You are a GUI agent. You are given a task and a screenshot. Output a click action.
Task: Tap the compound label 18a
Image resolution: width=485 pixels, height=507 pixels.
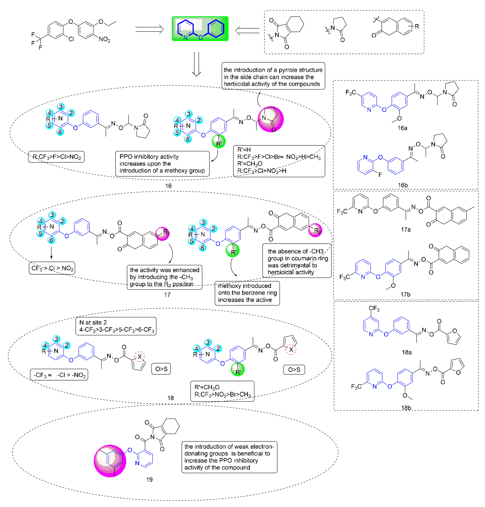click(406, 352)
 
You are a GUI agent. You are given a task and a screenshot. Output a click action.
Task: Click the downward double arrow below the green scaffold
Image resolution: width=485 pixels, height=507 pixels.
click(197, 64)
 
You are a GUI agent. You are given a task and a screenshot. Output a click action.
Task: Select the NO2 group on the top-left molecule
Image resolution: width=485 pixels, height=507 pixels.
click(104, 39)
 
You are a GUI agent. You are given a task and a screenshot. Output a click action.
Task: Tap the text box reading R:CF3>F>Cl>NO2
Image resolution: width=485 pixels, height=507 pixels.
click(56, 157)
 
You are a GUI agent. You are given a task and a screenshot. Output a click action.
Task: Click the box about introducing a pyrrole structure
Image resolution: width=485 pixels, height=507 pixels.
click(273, 77)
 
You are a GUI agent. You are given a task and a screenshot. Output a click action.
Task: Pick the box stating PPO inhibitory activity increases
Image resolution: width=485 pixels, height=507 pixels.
click(162, 164)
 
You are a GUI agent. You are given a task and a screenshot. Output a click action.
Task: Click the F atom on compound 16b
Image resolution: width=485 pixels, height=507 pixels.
click(380, 175)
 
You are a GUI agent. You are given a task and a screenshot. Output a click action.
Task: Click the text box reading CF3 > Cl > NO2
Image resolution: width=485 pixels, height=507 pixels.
click(52, 268)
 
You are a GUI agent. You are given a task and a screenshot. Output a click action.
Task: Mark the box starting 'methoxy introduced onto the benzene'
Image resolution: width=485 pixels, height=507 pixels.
click(247, 293)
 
